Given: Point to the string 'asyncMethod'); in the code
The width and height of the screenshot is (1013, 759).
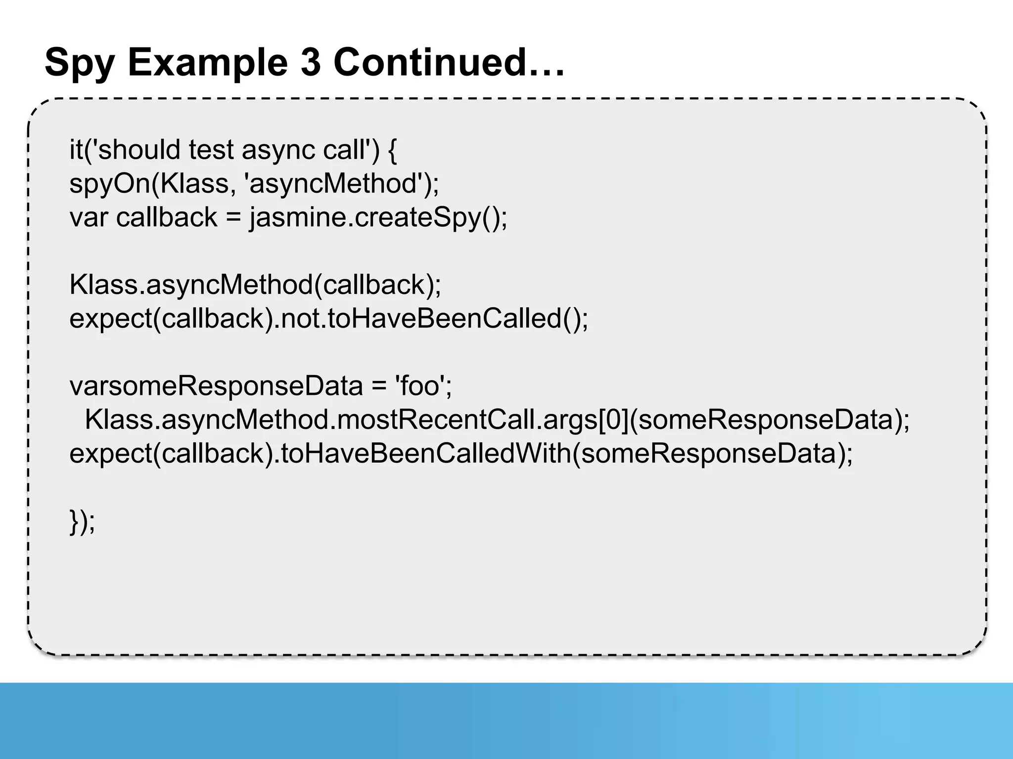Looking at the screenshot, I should pyautogui.click(x=342, y=184).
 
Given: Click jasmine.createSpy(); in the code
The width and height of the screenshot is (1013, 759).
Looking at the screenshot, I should pyautogui.click(x=378, y=217).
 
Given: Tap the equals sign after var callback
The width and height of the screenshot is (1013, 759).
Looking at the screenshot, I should pyautogui.click(x=233, y=217).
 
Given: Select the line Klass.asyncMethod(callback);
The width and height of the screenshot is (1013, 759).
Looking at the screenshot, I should pyautogui.click(x=255, y=285).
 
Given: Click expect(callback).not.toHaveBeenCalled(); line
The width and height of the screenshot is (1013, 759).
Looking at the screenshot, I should pyautogui.click(x=329, y=319).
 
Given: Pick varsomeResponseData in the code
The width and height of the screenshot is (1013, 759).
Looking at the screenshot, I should pyautogui.click(x=216, y=386).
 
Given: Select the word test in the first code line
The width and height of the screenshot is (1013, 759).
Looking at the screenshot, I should pyautogui.click(x=211, y=150).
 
